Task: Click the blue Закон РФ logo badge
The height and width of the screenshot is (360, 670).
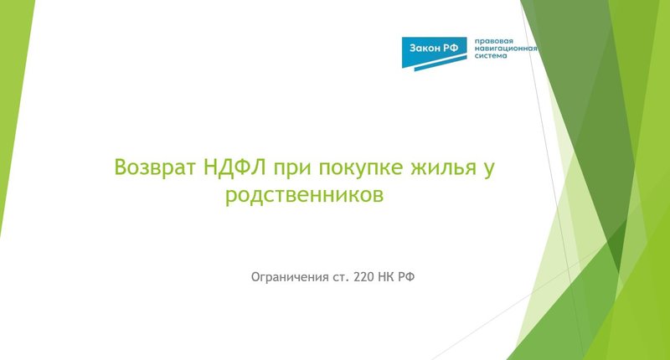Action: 434,49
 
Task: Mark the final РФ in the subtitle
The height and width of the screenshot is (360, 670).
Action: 409,275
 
